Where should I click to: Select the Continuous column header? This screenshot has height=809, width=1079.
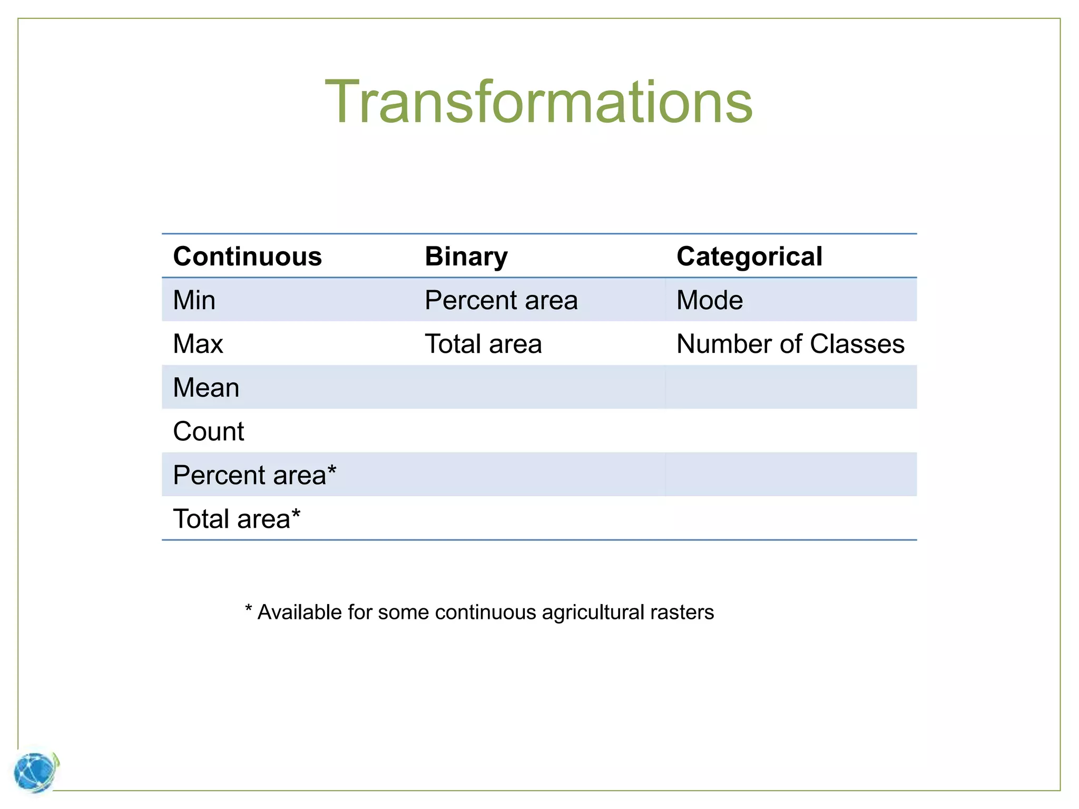click(247, 256)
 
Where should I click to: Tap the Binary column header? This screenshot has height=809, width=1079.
click(466, 256)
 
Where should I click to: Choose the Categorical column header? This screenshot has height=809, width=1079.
click(749, 256)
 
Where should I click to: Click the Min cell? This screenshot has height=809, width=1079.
click(194, 300)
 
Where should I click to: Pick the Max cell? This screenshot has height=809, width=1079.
click(198, 344)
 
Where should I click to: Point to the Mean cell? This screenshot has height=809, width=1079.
click(206, 388)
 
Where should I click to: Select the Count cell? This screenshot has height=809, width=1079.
click(209, 431)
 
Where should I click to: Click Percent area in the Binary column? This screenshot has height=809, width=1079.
click(501, 300)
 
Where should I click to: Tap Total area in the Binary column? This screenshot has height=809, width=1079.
click(483, 344)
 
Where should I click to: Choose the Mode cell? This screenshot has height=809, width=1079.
click(709, 300)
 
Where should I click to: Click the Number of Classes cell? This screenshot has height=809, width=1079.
click(790, 344)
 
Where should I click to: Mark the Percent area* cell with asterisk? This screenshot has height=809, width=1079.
click(254, 475)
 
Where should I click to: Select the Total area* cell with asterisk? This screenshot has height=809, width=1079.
click(237, 519)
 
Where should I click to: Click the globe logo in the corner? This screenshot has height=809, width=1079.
click(36, 772)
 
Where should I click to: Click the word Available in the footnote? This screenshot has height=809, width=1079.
click(299, 613)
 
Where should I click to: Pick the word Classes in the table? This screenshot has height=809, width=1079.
click(857, 344)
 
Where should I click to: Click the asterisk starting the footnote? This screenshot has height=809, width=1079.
click(249, 609)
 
